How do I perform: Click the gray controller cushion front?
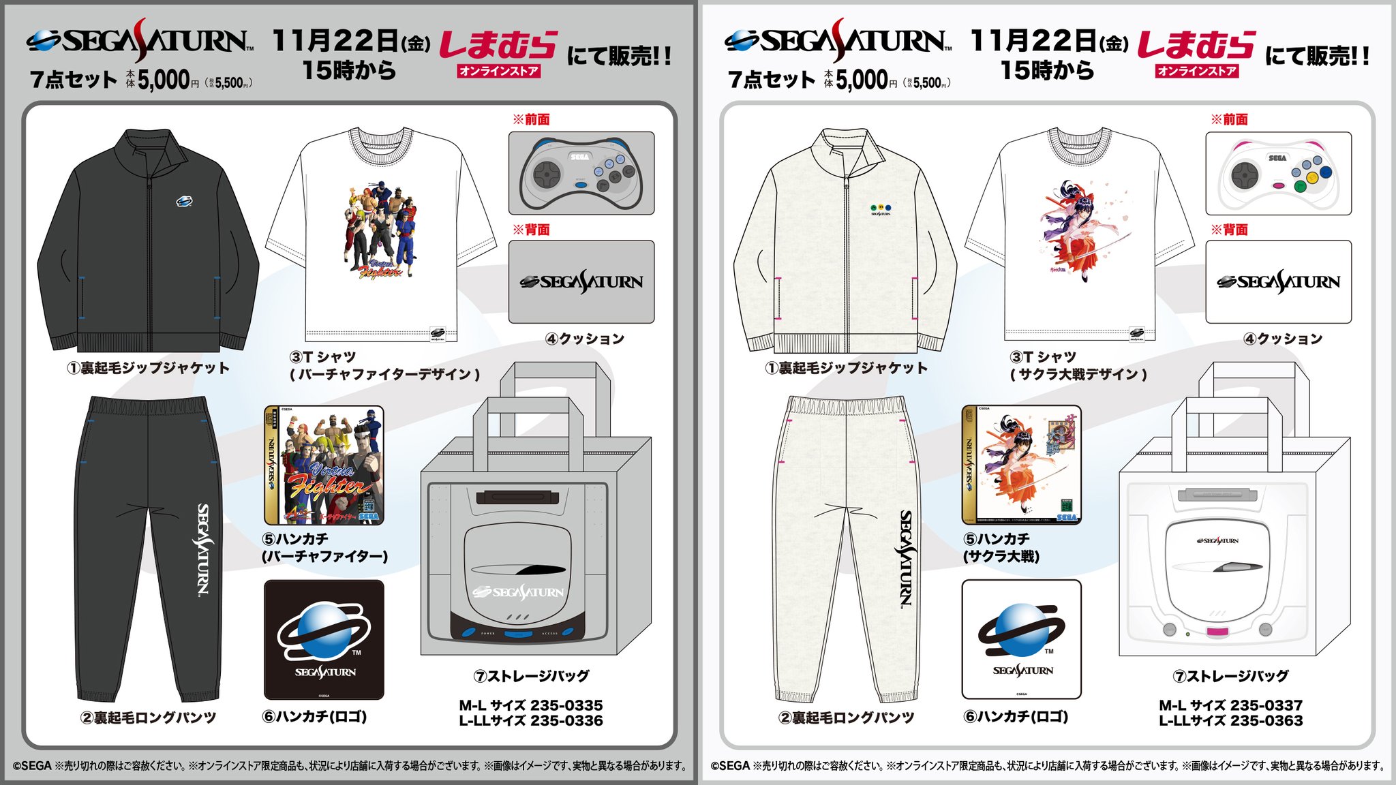[x=581, y=174]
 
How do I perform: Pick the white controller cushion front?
[x=1278, y=174]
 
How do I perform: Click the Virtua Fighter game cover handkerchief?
[x=324, y=465]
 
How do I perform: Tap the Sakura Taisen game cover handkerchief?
[x=1021, y=465]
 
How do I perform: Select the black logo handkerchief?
[x=324, y=639]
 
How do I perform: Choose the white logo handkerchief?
[x=1021, y=639]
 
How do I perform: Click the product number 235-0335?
[x=566, y=705]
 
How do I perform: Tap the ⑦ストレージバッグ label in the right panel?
[x=1230, y=676]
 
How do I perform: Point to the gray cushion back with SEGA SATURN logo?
[x=581, y=281]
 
